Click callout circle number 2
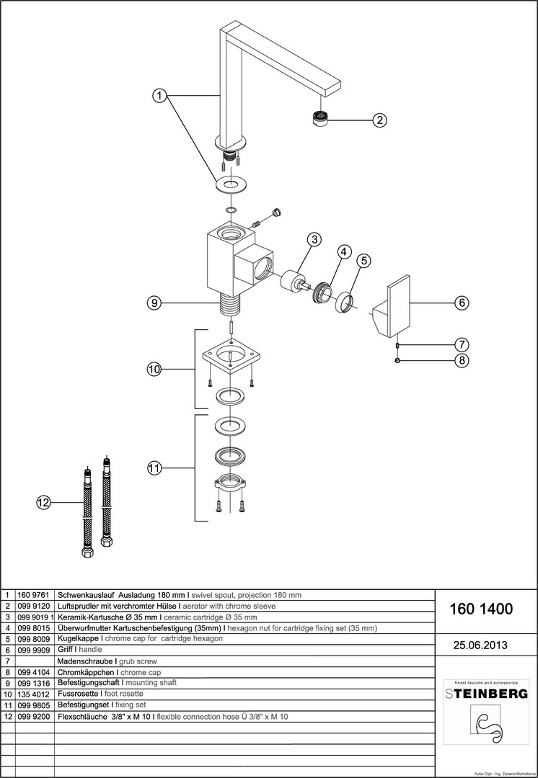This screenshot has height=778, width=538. click(x=381, y=120)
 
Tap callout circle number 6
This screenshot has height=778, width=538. click(x=462, y=303)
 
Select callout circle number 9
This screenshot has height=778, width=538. click(x=154, y=303)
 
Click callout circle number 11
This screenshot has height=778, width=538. click(x=154, y=468)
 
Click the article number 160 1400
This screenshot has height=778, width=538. click(x=481, y=609)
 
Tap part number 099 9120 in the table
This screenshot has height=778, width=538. click(x=31, y=607)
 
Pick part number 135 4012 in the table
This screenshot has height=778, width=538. click(x=31, y=693)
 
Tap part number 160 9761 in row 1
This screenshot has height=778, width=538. click(x=31, y=596)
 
